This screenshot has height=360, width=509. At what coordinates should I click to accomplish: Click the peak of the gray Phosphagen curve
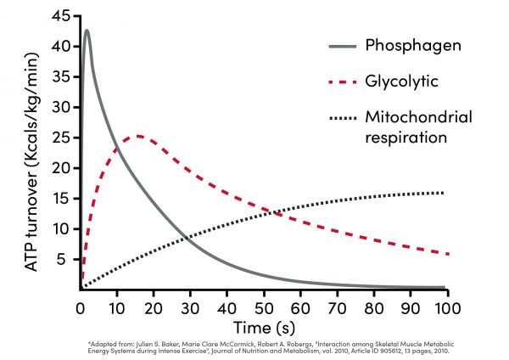coord(87,31)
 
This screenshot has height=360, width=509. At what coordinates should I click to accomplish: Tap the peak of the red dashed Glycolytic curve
coord(137,136)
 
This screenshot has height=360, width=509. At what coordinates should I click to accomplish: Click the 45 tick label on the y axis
coord(60,16)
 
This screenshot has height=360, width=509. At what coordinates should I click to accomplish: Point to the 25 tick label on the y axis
coord(60,137)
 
